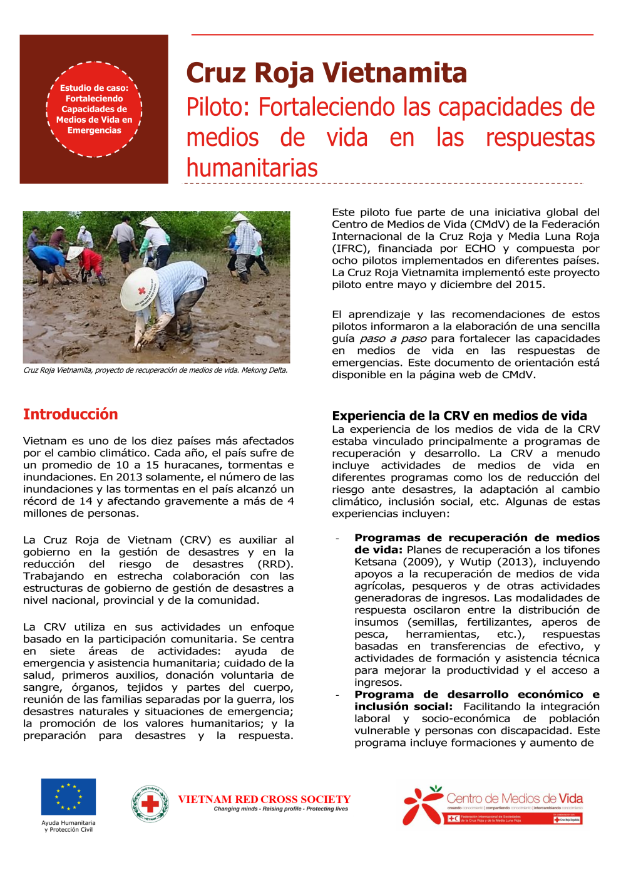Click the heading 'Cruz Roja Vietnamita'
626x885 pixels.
click(326, 73)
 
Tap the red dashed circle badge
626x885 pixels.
click(94, 109)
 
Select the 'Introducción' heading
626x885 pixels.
click(70, 414)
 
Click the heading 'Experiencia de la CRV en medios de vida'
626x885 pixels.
click(459, 416)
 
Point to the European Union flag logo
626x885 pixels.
click(68, 797)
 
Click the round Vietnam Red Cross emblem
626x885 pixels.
click(150, 804)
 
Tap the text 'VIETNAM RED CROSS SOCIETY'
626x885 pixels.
click(264, 799)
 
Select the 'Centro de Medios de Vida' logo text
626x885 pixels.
click(514, 799)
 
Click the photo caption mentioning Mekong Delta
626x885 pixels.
click(155, 370)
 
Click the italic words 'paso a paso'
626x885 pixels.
click(393, 339)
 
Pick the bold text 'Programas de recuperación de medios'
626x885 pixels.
click(476, 537)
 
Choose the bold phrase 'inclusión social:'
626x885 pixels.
click(403, 706)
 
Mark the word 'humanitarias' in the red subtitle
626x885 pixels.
click(252, 168)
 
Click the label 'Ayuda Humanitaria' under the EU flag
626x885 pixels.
click(68, 823)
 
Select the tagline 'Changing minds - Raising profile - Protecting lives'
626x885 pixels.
click(280, 809)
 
